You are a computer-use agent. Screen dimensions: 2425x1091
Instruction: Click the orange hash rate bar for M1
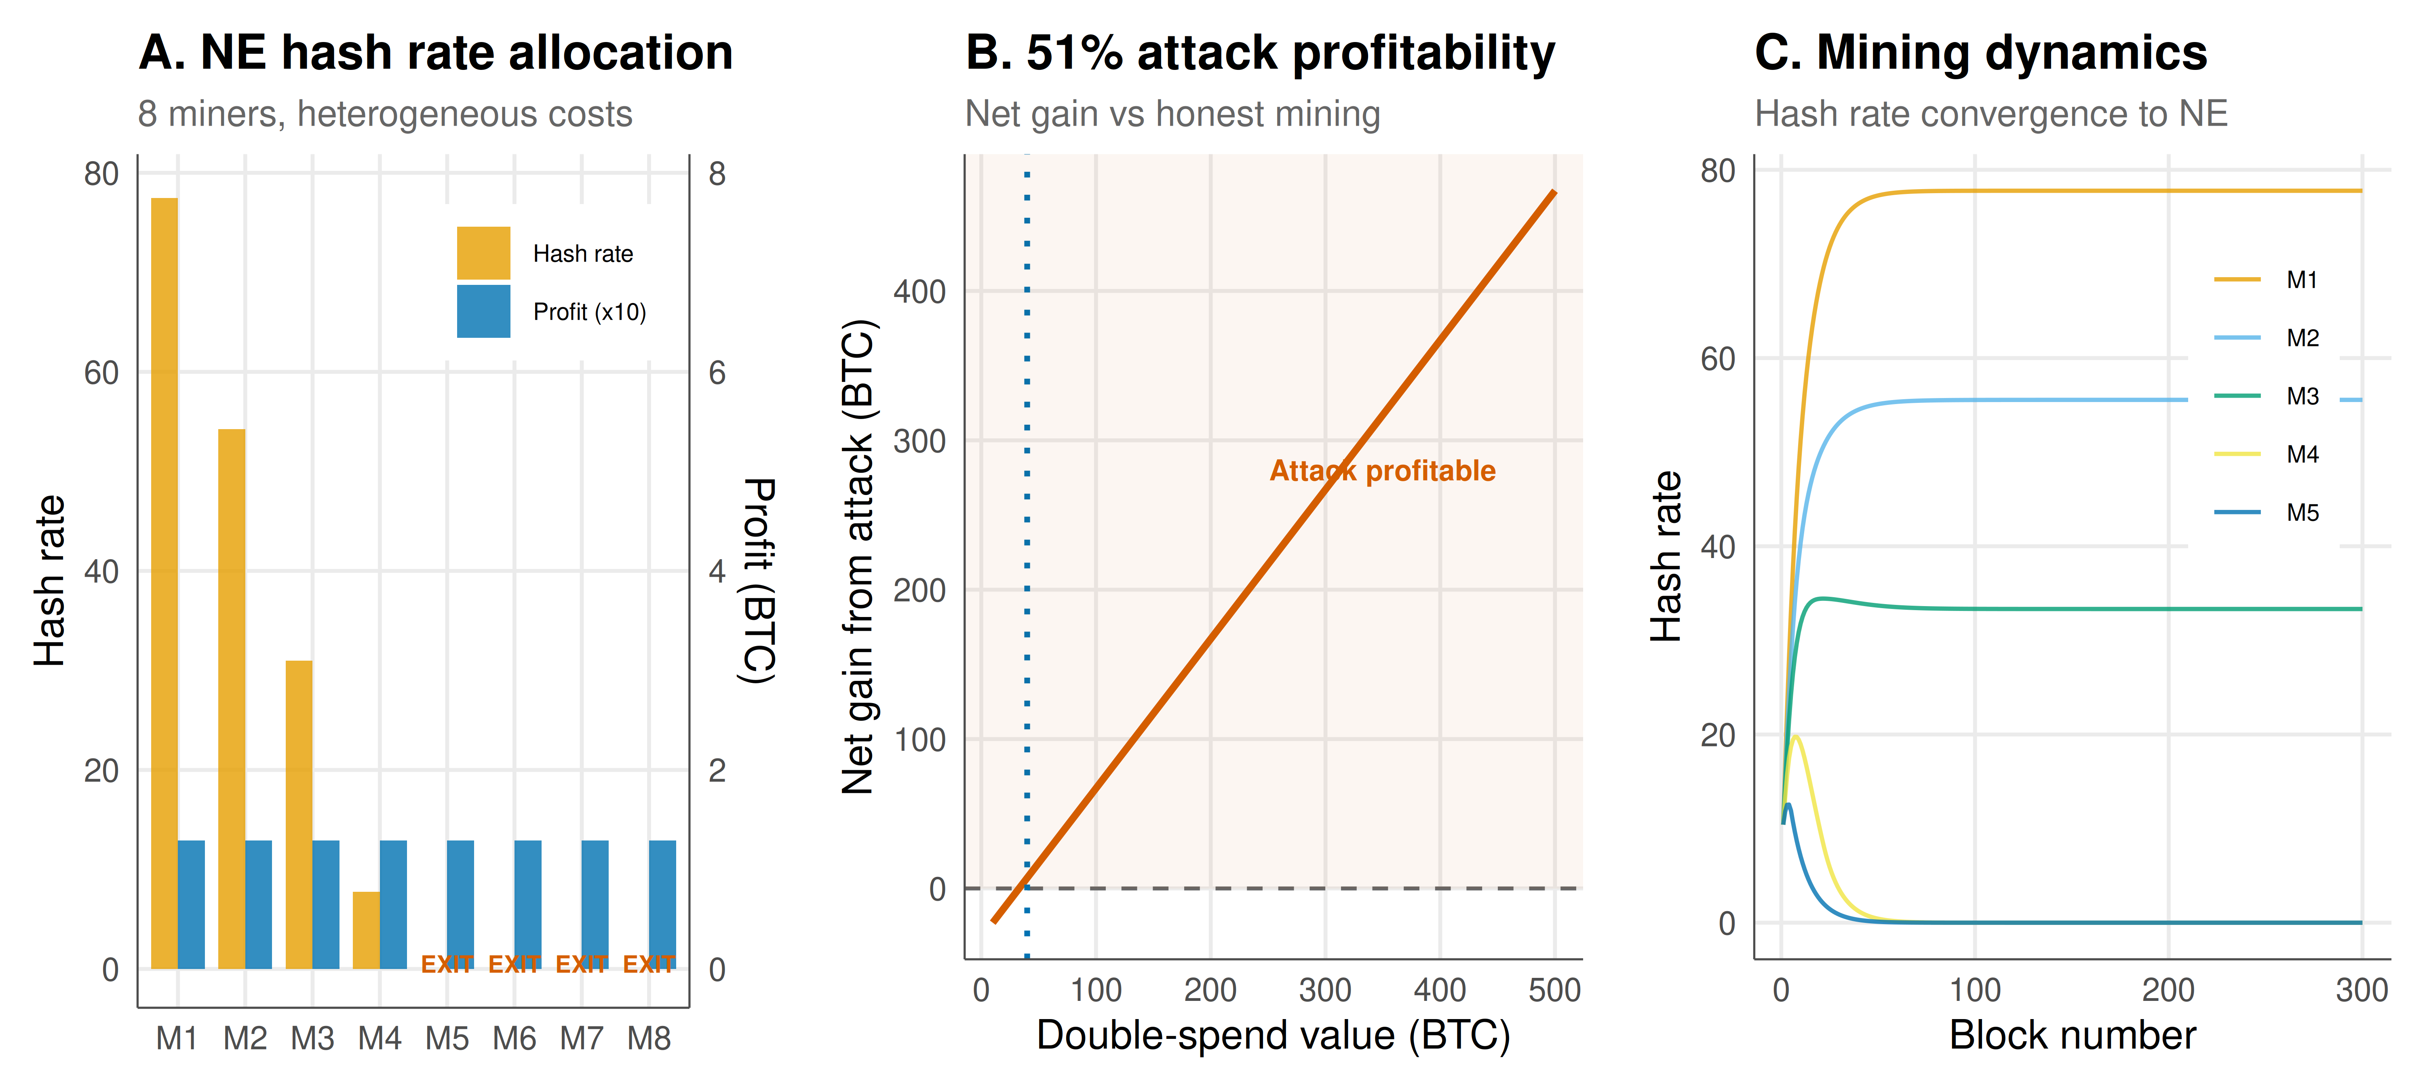click(x=165, y=583)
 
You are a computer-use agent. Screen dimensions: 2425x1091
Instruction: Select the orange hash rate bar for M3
click(x=299, y=815)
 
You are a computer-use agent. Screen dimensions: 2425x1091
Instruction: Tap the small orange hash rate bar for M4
click(x=366, y=930)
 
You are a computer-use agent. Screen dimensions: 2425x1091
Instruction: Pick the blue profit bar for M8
click(x=663, y=905)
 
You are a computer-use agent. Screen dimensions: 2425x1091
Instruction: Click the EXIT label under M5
click(x=447, y=964)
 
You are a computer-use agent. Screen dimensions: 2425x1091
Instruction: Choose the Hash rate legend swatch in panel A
click(x=484, y=253)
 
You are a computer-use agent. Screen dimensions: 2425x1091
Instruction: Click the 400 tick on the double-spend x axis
click(x=1440, y=990)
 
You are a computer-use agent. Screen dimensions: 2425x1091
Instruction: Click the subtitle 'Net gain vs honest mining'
click(x=1173, y=114)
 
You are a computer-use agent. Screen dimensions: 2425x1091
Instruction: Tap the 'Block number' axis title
click(x=2072, y=1036)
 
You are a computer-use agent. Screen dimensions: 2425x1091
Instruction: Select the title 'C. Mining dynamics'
click(x=1981, y=53)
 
